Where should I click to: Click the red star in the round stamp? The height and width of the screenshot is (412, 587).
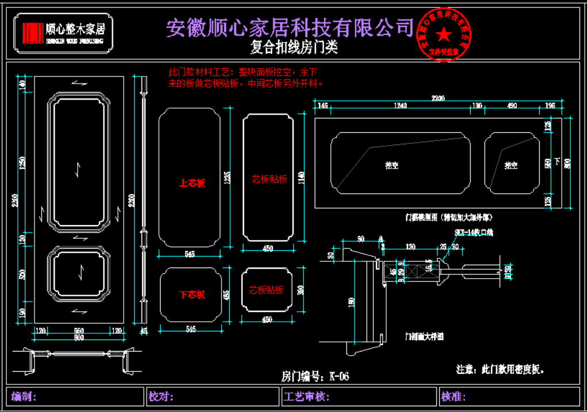[444, 35]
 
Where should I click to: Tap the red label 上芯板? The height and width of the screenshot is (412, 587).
[192, 184]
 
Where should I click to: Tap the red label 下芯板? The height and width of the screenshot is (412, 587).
[192, 295]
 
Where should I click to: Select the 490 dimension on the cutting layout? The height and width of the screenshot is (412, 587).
[510, 106]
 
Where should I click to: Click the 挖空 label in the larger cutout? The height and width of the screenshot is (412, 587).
[392, 165]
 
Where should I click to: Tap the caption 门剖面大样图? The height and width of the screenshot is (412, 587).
[424, 335]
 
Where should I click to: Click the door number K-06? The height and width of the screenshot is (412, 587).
[315, 376]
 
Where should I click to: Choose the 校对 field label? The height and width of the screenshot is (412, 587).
[161, 396]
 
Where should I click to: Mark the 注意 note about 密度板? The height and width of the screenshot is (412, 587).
[500, 368]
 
